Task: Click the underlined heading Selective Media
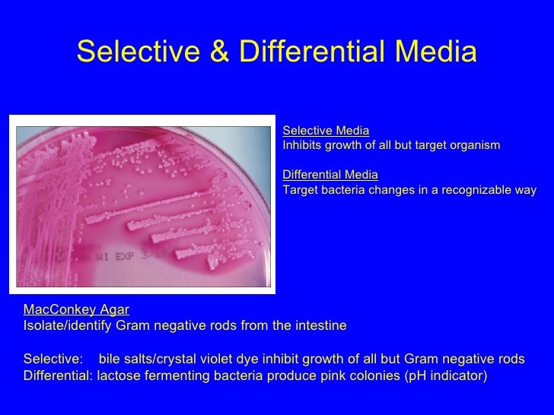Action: [326, 131]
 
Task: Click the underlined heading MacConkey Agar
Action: [76, 310]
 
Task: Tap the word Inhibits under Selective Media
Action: [304, 145]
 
